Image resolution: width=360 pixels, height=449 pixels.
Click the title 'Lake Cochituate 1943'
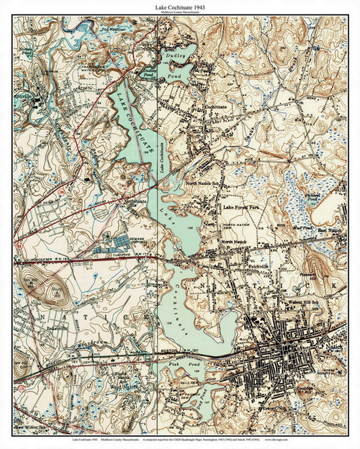pyautogui.click(x=180, y=6)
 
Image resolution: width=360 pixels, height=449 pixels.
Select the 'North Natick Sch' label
pyautogui.click(x=204, y=183)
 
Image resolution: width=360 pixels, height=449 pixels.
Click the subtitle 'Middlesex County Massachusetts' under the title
pyautogui.click(x=180, y=13)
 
